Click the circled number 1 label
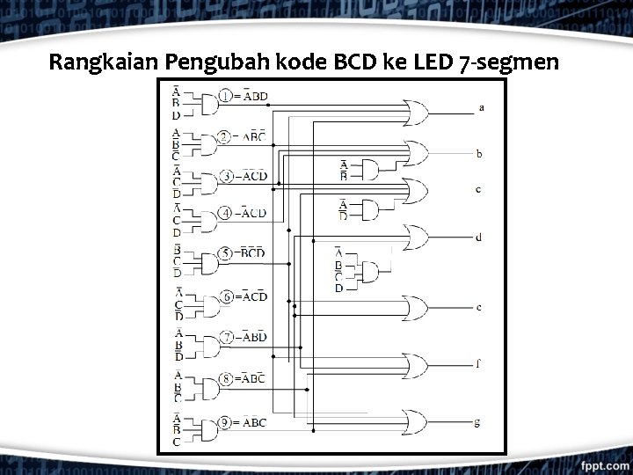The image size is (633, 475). [x=226, y=96]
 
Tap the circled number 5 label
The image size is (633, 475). [x=226, y=254]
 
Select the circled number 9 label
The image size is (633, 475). [x=226, y=422]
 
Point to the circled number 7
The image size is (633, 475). [x=226, y=337]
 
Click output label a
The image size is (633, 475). [x=481, y=107]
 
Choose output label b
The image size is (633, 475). [x=479, y=153]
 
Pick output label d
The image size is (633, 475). [x=478, y=237]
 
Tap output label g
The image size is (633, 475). [x=477, y=422]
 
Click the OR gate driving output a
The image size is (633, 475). [x=413, y=112]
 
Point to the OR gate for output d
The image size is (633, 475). [x=413, y=237]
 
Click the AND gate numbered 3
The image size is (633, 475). [x=205, y=184]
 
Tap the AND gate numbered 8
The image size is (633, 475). [x=205, y=388]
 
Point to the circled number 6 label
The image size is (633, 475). [x=226, y=296]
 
